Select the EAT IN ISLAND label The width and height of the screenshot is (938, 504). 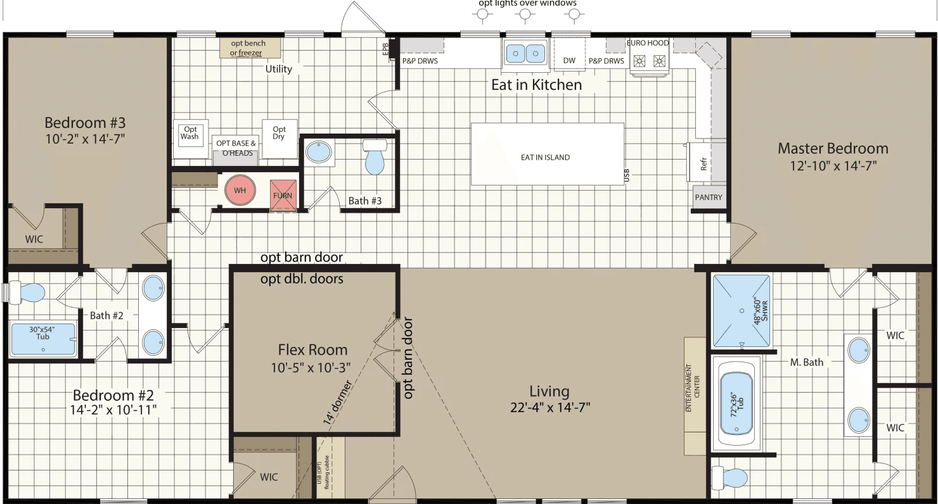coord(545,157)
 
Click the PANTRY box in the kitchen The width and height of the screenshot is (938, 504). coord(709,197)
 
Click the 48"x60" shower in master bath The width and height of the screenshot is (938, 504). coord(742,310)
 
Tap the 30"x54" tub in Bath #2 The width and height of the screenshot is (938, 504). coord(42,338)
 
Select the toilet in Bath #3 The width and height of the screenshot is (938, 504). coord(375,156)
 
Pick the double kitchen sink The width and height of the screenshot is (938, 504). coord(525,53)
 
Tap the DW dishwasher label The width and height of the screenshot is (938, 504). coord(569,61)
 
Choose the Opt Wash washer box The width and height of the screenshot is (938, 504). coord(190,134)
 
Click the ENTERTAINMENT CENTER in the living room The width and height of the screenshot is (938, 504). coord(695,396)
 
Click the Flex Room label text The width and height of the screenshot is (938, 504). coord(312,350)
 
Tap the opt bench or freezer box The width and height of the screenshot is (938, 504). coord(248,48)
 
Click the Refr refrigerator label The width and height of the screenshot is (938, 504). coord(704,164)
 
